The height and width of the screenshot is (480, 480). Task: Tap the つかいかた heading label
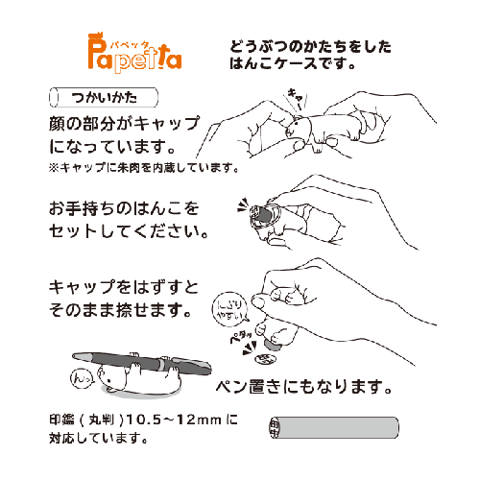coord(104,97)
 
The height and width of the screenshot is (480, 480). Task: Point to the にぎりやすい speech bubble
coord(230,309)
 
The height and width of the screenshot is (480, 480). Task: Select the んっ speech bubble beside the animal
coord(82,378)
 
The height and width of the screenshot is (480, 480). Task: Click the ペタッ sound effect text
coord(241,337)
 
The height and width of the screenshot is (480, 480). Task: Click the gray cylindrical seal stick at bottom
coord(334,427)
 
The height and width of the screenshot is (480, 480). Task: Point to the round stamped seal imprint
coord(265,359)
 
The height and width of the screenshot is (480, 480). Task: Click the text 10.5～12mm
coord(174,420)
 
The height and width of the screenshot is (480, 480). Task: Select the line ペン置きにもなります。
coord(304,387)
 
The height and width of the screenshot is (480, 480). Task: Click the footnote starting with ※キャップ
coord(144,167)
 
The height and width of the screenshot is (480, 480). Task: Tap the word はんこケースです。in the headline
coord(292,63)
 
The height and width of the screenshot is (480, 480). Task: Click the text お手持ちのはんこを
coord(124,208)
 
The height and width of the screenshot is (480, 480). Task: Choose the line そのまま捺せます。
coord(120,310)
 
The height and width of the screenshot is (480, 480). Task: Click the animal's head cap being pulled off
coord(295,127)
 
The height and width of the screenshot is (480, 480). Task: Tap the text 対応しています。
coord(99,438)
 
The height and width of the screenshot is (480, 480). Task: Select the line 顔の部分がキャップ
coord(124,124)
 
